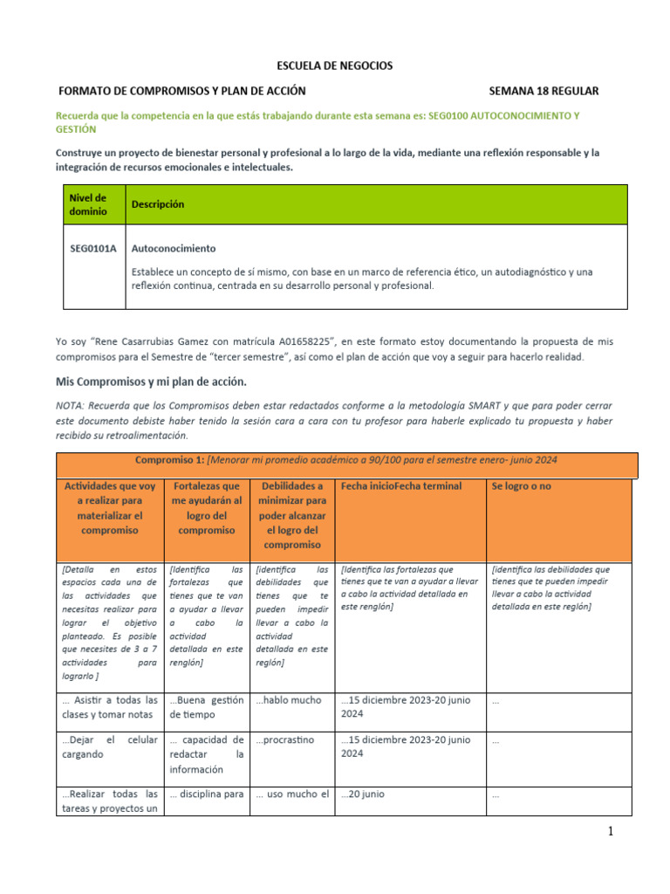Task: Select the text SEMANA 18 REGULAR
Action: (x=544, y=91)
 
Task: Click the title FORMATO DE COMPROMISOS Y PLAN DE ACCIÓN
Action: (x=181, y=91)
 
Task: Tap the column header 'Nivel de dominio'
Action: (x=88, y=204)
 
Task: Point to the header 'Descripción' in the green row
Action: (x=158, y=204)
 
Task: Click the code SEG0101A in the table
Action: (x=92, y=249)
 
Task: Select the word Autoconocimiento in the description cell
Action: (x=173, y=249)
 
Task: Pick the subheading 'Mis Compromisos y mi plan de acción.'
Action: (x=152, y=382)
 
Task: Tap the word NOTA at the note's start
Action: (x=72, y=406)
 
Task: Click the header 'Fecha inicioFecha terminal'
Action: (x=401, y=486)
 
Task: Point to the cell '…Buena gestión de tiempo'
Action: (x=206, y=707)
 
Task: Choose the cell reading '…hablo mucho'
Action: (x=289, y=700)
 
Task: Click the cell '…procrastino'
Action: (x=284, y=739)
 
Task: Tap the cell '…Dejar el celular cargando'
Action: (x=110, y=746)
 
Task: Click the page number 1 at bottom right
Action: (x=612, y=832)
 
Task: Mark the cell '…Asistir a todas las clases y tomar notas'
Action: (x=110, y=707)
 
